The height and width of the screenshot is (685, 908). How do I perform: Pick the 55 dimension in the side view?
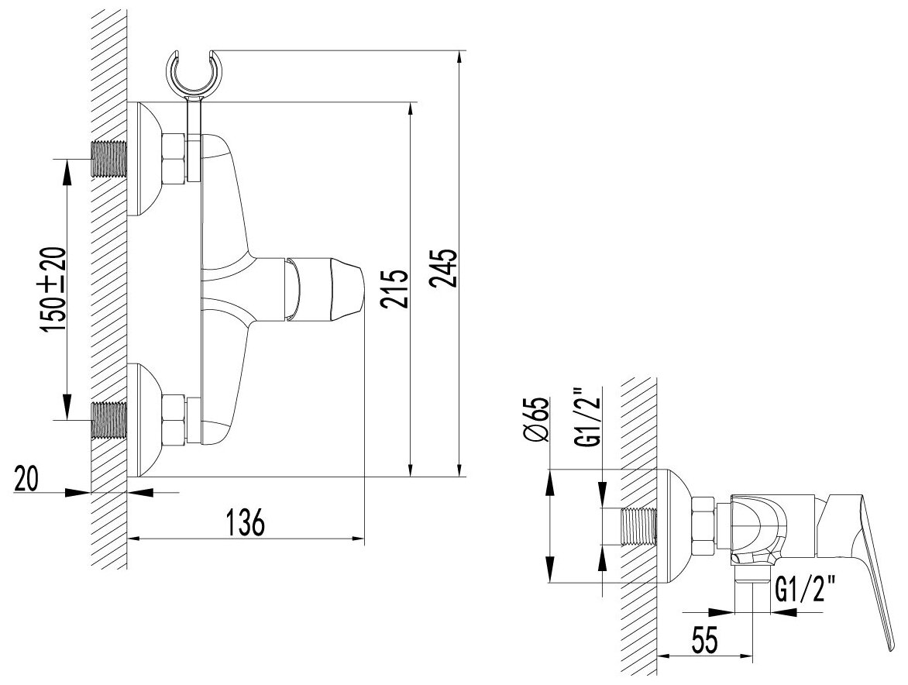click(x=701, y=640)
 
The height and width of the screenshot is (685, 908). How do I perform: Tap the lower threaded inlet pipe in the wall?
click(x=109, y=421)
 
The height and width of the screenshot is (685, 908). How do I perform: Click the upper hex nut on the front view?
click(x=174, y=159)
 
